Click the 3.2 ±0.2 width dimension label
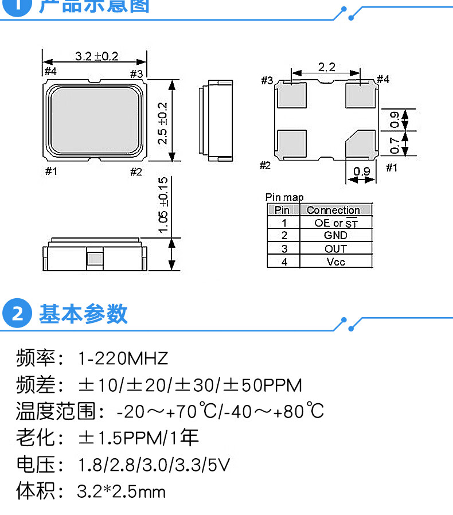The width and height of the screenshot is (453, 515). (x=96, y=56)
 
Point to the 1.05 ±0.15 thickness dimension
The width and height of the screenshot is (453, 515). (x=163, y=205)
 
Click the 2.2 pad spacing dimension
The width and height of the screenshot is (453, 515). (x=326, y=67)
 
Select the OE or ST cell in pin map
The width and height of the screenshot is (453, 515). (x=335, y=223)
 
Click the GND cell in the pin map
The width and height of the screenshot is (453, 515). (x=335, y=236)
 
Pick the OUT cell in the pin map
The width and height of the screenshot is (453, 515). (x=335, y=248)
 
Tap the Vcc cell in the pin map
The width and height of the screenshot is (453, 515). (x=335, y=262)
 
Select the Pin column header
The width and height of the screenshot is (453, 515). (x=283, y=210)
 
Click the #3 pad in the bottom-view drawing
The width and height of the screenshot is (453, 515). (x=292, y=95)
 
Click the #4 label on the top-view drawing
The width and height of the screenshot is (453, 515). (x=50, y=72)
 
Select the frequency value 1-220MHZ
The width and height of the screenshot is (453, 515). (x=123, y=359)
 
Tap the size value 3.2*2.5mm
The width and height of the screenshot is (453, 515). (x=121, y=491)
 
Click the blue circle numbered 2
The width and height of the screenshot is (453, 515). (x=18, y=314)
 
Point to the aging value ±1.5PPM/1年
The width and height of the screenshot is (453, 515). (x=138, y=438)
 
